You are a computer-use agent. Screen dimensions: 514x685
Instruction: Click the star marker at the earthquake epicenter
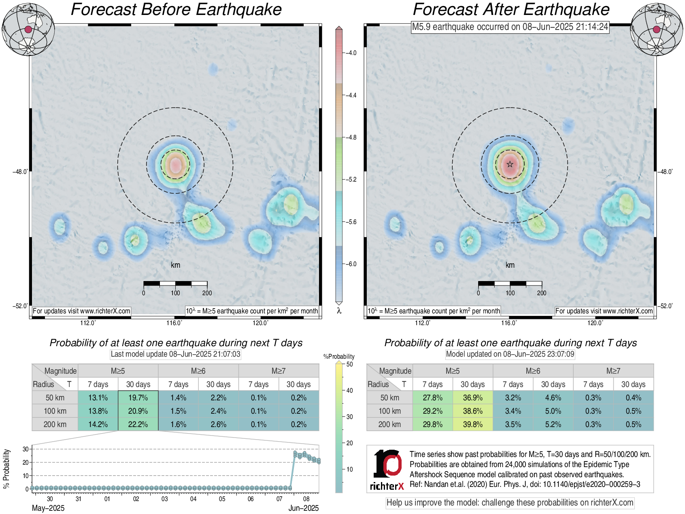click(510, 164)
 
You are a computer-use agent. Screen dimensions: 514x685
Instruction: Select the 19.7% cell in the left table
click(138, 398)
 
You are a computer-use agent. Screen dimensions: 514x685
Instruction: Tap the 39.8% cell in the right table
click(472, 424)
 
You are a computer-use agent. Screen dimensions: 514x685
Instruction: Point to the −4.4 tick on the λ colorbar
click(351, 95)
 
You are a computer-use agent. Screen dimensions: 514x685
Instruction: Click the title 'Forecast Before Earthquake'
click(176, 10)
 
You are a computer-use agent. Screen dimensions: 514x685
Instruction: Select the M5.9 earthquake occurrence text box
click(510, 27)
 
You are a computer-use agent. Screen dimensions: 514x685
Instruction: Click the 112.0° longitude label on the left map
click(88, 323)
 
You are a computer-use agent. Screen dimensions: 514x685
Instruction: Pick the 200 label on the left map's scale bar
click(207, 293)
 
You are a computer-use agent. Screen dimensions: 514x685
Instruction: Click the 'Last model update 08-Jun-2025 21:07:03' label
click(175, 354)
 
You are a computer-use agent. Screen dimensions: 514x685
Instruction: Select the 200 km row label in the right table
click(389, 424)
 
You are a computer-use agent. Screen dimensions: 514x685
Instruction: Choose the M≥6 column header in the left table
click(198, 371)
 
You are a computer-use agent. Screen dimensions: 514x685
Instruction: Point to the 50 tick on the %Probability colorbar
click(349, 364)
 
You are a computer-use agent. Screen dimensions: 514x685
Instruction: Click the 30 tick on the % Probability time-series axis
click(26, 449)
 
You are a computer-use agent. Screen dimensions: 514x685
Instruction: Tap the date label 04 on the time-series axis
click(193, 499)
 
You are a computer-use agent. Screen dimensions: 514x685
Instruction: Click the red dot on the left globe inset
click(28, 30)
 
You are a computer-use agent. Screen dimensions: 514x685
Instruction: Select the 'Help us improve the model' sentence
click(510, 503)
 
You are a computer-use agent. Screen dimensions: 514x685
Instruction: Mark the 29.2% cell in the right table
click(432, 411)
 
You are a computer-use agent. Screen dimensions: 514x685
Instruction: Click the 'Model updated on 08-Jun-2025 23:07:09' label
click(510, 354)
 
